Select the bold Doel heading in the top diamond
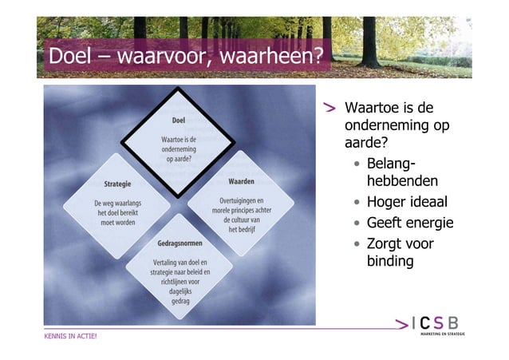coord(180,121)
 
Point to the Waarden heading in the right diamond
coord(247,182)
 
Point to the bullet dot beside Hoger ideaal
coord(357,202)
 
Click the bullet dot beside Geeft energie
coord(357,223)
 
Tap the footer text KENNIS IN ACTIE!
coord(70,336)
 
